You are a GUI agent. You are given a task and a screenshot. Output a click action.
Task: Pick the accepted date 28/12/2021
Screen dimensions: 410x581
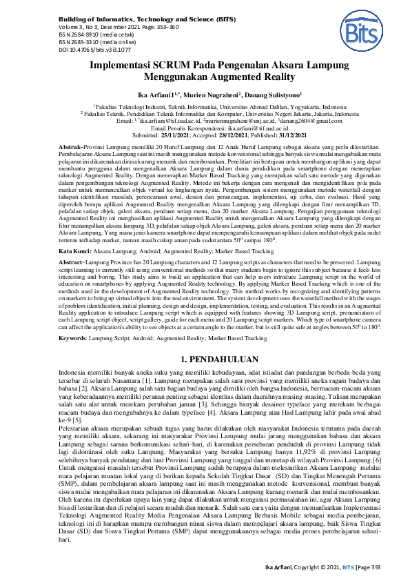[236, 137]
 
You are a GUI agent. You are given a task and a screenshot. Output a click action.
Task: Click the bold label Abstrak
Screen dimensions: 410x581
[72, 148]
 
